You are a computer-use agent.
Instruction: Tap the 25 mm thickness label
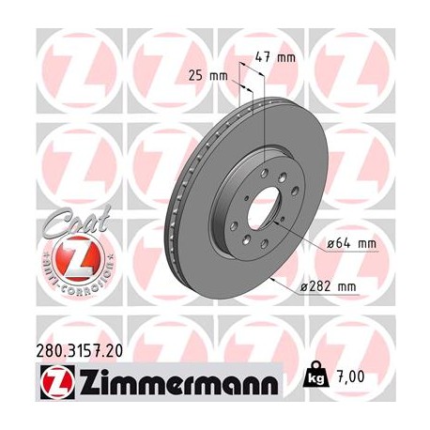(215, 74)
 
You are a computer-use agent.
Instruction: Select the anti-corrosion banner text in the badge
(68, 278)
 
